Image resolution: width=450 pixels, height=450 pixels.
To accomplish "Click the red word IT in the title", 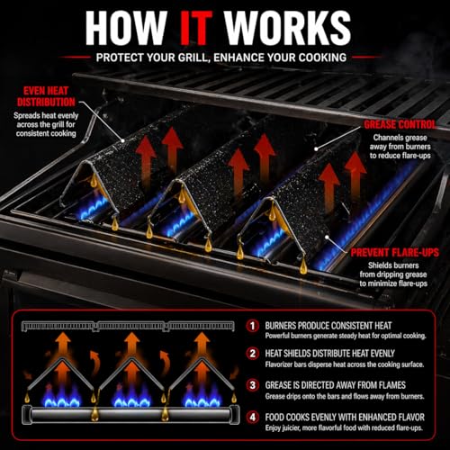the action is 196,28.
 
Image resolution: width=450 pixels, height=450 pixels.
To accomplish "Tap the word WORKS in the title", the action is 288,28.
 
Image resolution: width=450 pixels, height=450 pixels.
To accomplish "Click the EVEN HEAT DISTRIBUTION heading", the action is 46,96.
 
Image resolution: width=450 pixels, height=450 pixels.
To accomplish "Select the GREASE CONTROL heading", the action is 400,124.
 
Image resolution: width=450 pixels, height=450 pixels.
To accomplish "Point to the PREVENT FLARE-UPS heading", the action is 395,253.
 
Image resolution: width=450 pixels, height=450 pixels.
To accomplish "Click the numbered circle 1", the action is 253,326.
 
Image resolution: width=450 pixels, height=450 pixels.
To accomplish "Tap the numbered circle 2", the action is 253,354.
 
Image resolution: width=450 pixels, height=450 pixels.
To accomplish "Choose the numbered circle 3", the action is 253,385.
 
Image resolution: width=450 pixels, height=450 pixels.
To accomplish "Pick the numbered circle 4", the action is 253,418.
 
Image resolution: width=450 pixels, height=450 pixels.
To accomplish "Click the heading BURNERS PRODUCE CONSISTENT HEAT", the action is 328,326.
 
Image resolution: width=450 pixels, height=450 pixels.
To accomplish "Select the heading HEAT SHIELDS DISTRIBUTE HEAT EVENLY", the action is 329,354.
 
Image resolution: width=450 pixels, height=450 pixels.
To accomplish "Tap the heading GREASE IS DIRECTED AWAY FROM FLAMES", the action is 335,385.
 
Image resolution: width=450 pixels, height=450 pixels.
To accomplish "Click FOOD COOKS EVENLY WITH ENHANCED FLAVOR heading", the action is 345,418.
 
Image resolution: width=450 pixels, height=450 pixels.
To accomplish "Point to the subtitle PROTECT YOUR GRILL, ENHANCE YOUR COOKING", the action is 221,58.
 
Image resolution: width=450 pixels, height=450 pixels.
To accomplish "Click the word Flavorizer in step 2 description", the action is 280,364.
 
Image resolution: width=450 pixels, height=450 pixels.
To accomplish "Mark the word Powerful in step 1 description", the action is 277,336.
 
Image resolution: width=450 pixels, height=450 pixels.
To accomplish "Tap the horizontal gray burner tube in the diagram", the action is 130,415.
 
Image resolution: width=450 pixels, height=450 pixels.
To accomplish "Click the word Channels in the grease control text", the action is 386,138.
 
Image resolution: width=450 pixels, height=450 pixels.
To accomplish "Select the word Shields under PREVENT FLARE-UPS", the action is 378,265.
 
